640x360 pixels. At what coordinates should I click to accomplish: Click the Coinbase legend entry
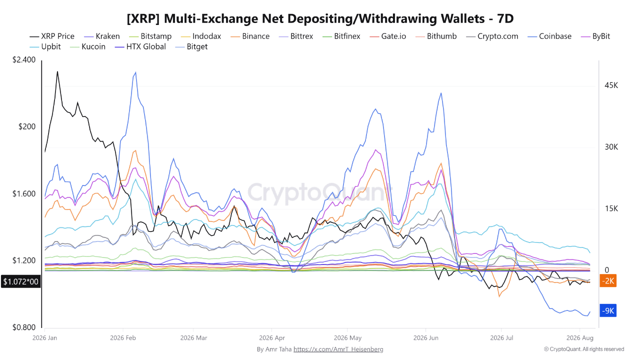click(549, 36)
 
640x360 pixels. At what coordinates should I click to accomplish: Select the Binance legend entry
click(250, 36)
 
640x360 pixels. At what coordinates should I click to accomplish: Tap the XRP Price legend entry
click(52, 36)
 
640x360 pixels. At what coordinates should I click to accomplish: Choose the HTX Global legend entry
click(140, 46)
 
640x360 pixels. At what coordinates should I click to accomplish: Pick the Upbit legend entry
click(45, 46)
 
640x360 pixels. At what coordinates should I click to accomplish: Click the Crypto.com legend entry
click(492, 36)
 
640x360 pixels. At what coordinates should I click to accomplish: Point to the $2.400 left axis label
click(24, 59)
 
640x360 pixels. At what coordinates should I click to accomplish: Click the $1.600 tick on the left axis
click(24, 193)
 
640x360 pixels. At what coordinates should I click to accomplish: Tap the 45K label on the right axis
click(611, 85)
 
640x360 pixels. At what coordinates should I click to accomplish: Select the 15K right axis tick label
click(611, 208)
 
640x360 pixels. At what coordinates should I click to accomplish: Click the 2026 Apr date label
click(272, 337)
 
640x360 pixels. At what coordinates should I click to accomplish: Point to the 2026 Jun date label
click(425, 337)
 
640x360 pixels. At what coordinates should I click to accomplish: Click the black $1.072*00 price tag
click(20, 281)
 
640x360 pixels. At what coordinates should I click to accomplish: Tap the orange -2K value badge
click(608, 281)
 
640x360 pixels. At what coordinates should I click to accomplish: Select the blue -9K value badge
click(608, 310)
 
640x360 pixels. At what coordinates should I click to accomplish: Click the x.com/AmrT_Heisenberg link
click(338, 349)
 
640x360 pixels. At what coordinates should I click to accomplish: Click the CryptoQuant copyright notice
click(584, 349)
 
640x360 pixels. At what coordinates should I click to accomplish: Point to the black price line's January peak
click(57, 71)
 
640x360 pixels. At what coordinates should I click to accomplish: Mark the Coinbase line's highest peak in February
click(135, 72)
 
